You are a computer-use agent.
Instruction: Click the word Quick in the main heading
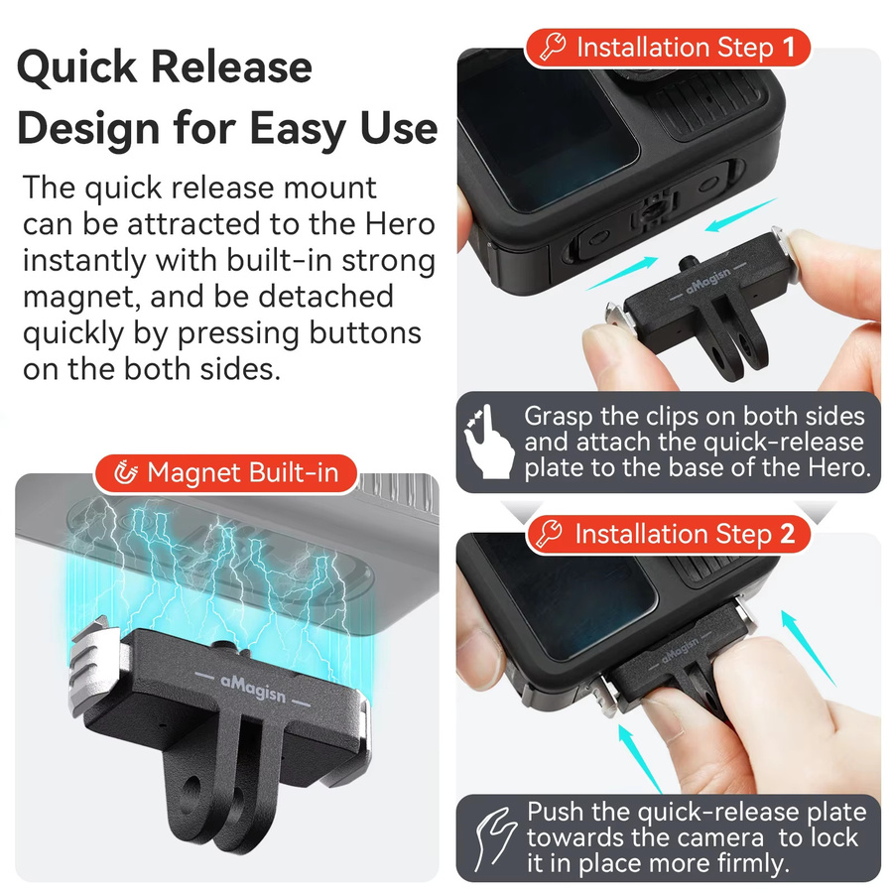77,67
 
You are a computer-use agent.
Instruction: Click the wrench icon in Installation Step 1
553,46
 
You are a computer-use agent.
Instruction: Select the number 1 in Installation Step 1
789,47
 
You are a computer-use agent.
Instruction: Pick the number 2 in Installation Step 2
787,534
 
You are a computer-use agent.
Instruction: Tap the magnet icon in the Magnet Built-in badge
125,472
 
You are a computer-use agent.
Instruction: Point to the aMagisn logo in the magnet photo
253,688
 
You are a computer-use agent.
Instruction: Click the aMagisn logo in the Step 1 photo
707,280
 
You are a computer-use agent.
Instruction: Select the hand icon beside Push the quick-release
494,837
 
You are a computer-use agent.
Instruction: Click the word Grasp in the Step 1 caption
559,417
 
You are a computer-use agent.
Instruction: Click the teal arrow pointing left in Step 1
740,214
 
